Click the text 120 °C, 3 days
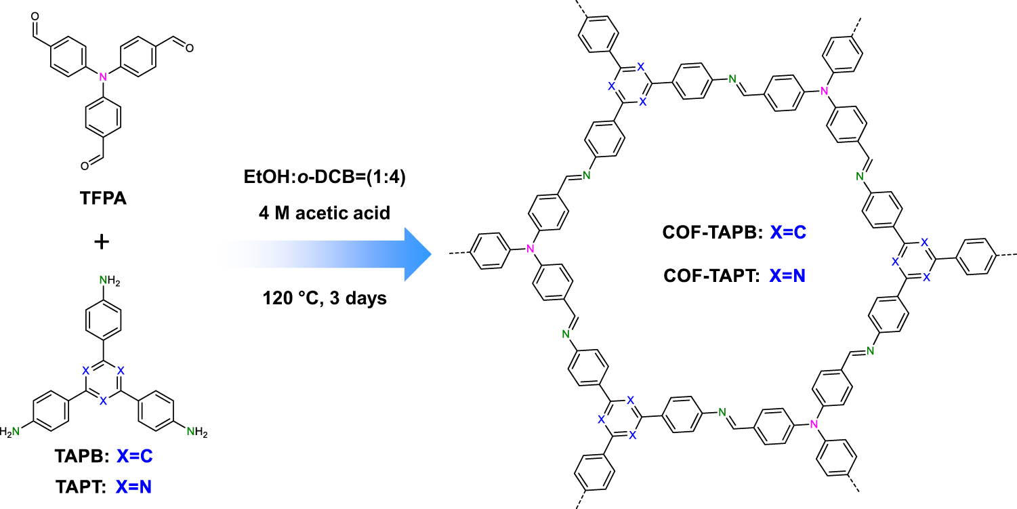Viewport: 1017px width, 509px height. click(325, 298)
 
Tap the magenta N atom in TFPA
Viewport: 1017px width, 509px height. click(103, 78)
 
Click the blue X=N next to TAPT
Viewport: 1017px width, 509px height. click(134, 486)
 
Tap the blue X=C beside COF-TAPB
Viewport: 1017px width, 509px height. click(785, 233)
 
